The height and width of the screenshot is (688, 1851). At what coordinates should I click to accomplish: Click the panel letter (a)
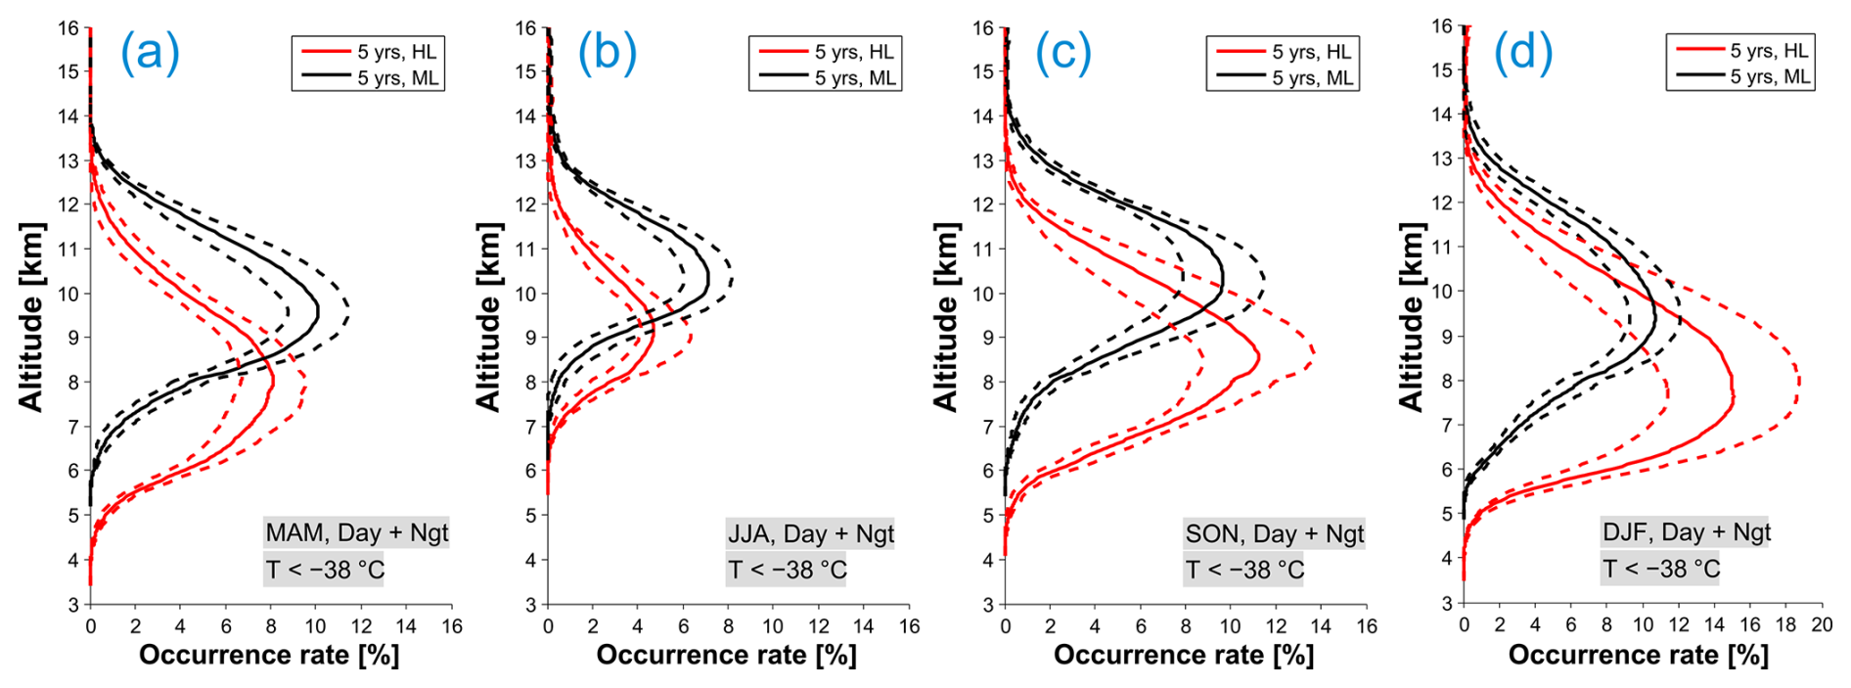click(150, 52)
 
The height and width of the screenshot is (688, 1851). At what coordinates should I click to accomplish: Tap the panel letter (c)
click(1063, 52)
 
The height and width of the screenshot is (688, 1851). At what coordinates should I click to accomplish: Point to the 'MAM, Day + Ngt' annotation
click(356, 533)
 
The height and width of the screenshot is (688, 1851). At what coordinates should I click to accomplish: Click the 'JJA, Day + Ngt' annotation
click(811, 534)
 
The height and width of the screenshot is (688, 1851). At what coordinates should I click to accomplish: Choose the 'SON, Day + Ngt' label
click(1274, 534)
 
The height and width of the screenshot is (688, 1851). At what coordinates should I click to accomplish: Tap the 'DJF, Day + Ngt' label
click(1686, 532)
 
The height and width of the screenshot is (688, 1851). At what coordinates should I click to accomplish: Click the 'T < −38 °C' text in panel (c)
click(1244, 570)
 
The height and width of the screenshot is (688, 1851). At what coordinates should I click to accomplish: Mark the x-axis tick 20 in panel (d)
click(1821, 625)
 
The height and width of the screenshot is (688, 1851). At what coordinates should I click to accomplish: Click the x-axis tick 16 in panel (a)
click(451, 626)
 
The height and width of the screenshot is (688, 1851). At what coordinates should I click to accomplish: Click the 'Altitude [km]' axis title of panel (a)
click(30, 317)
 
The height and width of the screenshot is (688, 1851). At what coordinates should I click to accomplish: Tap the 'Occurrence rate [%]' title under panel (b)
click(727, 655)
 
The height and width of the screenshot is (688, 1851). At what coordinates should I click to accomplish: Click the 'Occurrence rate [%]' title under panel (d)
click(1639, 655)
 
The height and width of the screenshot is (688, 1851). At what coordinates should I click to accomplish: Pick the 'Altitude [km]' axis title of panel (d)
click(1410, 317)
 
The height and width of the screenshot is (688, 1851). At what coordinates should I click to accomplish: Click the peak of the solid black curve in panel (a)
click(318, 313)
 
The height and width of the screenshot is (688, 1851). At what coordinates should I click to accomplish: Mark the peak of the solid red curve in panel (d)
click(1734, 396)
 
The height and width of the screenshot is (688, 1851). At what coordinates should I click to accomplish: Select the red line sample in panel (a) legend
click(324, 52)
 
